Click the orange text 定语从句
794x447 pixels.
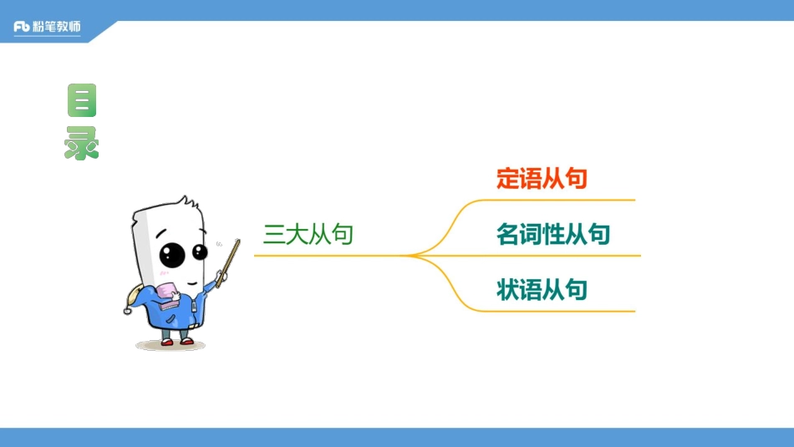click(x=542, y=179)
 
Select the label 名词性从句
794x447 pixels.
click(x=553, y=235)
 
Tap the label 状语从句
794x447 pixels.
click(x=542, y=290)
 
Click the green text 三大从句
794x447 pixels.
click(x=308, y=234)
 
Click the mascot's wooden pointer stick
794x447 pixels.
click(x=228, y=262)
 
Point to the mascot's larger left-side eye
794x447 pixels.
click(x=172, y=254)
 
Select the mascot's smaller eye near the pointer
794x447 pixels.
click(x=200, y=251)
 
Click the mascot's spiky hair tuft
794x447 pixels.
click(x=186, y=206)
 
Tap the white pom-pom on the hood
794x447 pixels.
click(x=128, y=311)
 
